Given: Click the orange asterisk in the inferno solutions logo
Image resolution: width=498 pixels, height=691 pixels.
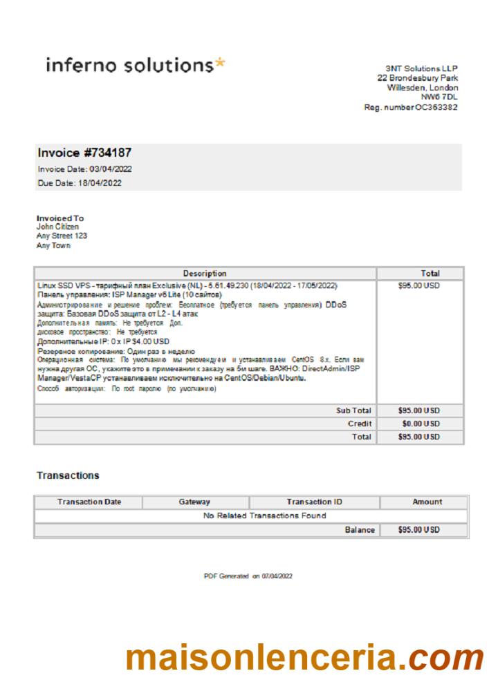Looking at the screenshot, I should (219, 64).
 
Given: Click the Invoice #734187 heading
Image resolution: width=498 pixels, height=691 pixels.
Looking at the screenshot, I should (84, 153).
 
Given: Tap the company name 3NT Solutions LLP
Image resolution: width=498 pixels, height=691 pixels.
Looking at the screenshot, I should (422, 68).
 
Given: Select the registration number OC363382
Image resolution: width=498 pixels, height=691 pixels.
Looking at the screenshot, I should (436, 107).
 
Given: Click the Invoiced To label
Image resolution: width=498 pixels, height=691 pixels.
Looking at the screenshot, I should (59, 218).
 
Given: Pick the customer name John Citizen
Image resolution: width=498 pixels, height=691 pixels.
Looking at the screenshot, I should (57, 227).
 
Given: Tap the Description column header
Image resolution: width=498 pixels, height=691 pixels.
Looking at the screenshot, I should (205, 274).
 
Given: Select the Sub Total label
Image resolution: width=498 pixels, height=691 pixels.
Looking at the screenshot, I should (353, 410).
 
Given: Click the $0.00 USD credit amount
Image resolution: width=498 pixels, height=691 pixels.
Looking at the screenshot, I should (421, 424).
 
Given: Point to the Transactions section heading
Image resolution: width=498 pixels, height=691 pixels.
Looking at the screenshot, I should (67, 475).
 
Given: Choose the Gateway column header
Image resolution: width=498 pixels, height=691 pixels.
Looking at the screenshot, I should (194, 502).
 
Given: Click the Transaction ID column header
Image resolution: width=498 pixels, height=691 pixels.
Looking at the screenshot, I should (314, 502).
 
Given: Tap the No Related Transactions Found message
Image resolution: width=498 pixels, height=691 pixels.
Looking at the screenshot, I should (265, 515).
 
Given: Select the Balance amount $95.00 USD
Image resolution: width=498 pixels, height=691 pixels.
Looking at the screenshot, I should (419, 530).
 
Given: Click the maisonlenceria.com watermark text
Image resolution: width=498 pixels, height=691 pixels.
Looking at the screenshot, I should (304, 658).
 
